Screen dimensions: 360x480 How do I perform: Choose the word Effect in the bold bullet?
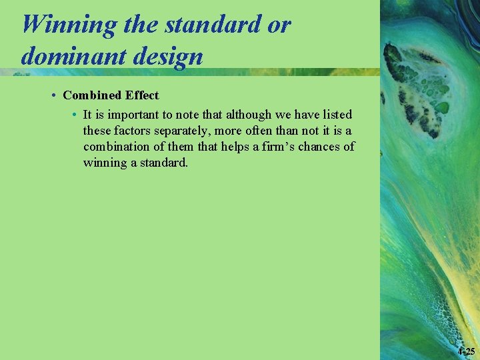(141, 95)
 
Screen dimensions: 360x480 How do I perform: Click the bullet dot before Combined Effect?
(52, 95)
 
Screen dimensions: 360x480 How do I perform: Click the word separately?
(184, 131)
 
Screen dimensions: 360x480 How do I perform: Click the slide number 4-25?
(466, 351)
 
